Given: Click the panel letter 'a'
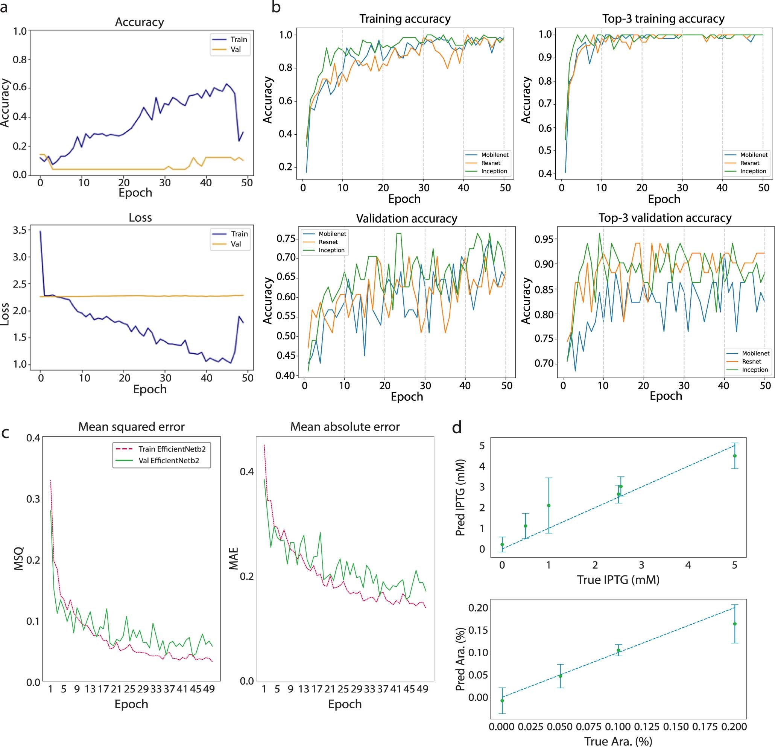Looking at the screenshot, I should tap(4, 8).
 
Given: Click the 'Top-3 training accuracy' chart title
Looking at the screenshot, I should tap(663, 18).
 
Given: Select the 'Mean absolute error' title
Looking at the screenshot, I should tap(345, 427).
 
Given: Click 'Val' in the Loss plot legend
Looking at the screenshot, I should tap(236, 244).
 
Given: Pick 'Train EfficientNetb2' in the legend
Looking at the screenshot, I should tap(172, 449).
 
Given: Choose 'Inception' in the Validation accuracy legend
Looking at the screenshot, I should tap(331, 250).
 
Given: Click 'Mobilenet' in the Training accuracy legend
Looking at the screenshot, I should tap(495, 155).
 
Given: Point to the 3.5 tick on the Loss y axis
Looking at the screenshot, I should tap(20, 230).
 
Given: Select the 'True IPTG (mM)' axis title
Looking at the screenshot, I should tap(618, 580).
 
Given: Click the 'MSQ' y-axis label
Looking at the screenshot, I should tap(18, 558).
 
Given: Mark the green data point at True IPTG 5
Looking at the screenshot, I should tap(735, 456).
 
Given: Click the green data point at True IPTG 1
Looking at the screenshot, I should tap(549, 506).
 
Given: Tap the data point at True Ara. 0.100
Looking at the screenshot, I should tap(618, 651).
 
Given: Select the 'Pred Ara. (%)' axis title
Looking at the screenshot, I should tap(459, 659).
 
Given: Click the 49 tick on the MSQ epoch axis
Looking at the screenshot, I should tap(209, 689).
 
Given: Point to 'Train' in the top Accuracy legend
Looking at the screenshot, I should tap(239, 40).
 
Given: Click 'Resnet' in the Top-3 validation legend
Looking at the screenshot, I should tap(751, 361).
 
